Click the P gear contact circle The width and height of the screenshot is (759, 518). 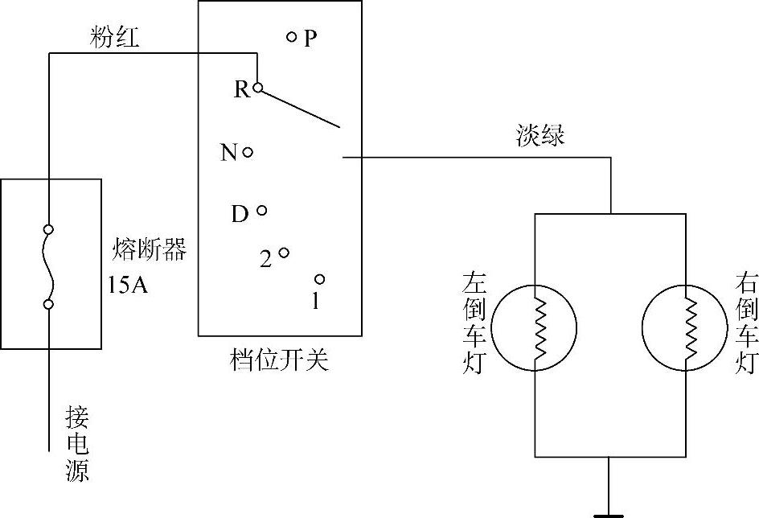coord(292,36)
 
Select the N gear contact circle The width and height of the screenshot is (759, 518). coord(248,152)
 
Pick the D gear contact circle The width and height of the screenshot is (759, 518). coord(261,211)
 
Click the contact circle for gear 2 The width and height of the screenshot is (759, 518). coord(284,253)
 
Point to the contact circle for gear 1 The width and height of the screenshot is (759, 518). coord(319,279)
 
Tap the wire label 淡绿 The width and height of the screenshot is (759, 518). coord(540,135)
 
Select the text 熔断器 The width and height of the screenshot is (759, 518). coord(150,251)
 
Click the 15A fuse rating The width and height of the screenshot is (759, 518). coord(129,285)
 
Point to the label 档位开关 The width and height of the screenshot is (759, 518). coord(278,361)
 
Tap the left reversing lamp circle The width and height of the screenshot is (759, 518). coord(535,327)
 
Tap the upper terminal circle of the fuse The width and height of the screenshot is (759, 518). coord(49,229)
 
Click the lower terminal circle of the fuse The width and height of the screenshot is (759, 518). coord(49,304)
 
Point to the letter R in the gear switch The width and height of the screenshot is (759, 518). coord(241,89)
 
